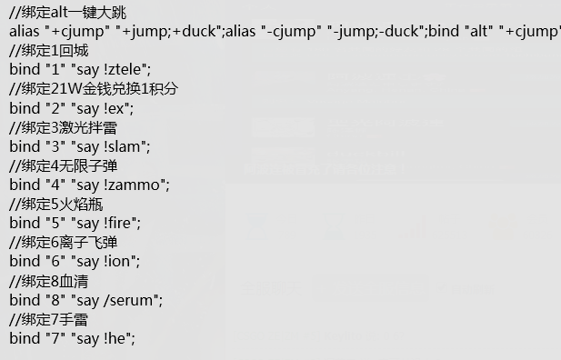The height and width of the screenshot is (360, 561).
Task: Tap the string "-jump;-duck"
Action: coord(372,31)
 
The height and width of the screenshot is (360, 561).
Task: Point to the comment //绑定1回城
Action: coord(50,50)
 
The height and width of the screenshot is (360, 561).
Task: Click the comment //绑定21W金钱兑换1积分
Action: coord(93,88)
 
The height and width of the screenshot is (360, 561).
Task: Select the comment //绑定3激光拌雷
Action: coord(64,126)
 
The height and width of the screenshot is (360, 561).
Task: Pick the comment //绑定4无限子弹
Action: coord(64,165)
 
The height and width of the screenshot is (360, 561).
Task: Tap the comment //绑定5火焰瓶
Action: coord(57,204)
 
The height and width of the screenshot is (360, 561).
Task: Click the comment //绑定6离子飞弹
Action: coord(64,242)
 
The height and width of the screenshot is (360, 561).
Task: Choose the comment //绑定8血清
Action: coord(50,280)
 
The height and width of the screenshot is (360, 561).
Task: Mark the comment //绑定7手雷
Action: coord(50,319)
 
